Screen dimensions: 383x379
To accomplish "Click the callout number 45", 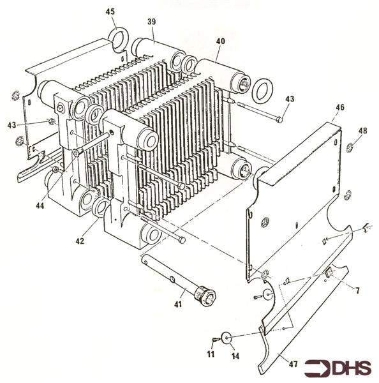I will [110, 11].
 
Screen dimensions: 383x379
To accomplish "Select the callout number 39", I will [152, 22].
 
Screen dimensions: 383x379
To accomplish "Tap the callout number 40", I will [221, 41].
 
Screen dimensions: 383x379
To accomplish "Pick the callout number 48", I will [362, 131].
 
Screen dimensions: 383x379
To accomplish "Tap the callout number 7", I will [358, 290].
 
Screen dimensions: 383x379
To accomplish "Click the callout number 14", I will [235, 355].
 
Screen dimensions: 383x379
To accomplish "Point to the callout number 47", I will [294, 364].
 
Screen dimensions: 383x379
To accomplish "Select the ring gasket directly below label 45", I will [119, 38].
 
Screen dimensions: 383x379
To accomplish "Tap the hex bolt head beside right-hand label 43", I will [279, 119].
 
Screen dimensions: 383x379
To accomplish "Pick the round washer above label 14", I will [225, 336].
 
